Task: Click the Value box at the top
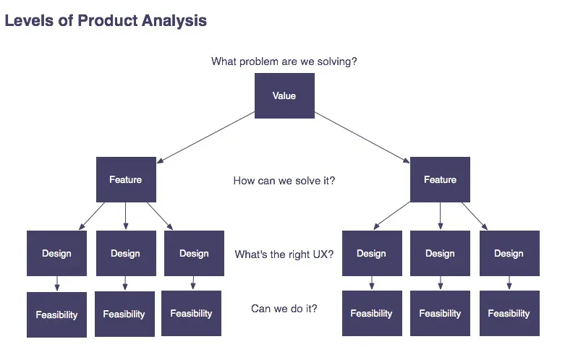point(284,96)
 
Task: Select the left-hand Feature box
point(126,179)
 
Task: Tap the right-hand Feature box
point(440,179)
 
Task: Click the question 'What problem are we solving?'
point(284,61)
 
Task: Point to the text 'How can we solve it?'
point(284,181)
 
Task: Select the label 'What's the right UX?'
point(284,254)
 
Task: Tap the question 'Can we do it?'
point(284,309)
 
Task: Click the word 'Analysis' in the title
point(173,21)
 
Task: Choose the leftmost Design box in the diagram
point(56,254)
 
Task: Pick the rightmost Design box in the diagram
point(509,254)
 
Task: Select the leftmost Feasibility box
point(56,314)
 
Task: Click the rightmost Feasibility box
point(509,314)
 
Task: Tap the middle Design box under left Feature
point(125,254)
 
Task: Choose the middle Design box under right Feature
point(440,254)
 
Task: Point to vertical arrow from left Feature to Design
point(126,216)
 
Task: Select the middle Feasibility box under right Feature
point(440,314)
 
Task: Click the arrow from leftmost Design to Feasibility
point(56,283)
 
